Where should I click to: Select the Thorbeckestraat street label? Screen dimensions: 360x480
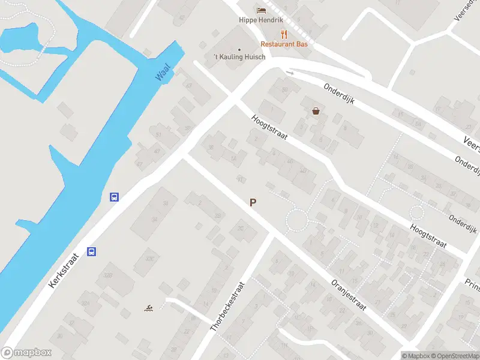(x=228, y=307)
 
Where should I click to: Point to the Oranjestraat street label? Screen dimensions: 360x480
(x=348, y=294)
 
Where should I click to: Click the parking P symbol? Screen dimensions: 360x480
(x=253, y=203)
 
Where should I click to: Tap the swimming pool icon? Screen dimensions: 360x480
(x=148, y=308)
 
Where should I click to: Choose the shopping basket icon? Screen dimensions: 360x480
(x=316, y=110)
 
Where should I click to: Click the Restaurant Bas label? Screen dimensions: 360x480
(x=284, y=44)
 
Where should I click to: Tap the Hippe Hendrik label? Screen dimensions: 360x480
(x=260, y=20)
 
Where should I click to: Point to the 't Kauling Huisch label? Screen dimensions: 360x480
(x=239, y=58)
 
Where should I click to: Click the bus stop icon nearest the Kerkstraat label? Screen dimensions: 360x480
(x=92, y=251)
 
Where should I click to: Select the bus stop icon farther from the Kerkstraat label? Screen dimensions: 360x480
(x=113, y=196)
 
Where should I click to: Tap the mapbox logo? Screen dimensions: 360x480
(x=26, y=353)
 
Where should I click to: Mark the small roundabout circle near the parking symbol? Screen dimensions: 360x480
(x=296, y=220)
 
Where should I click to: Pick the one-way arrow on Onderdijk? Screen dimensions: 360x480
(x=290, y=73)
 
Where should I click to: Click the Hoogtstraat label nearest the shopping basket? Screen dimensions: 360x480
(x=269, y=127)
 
